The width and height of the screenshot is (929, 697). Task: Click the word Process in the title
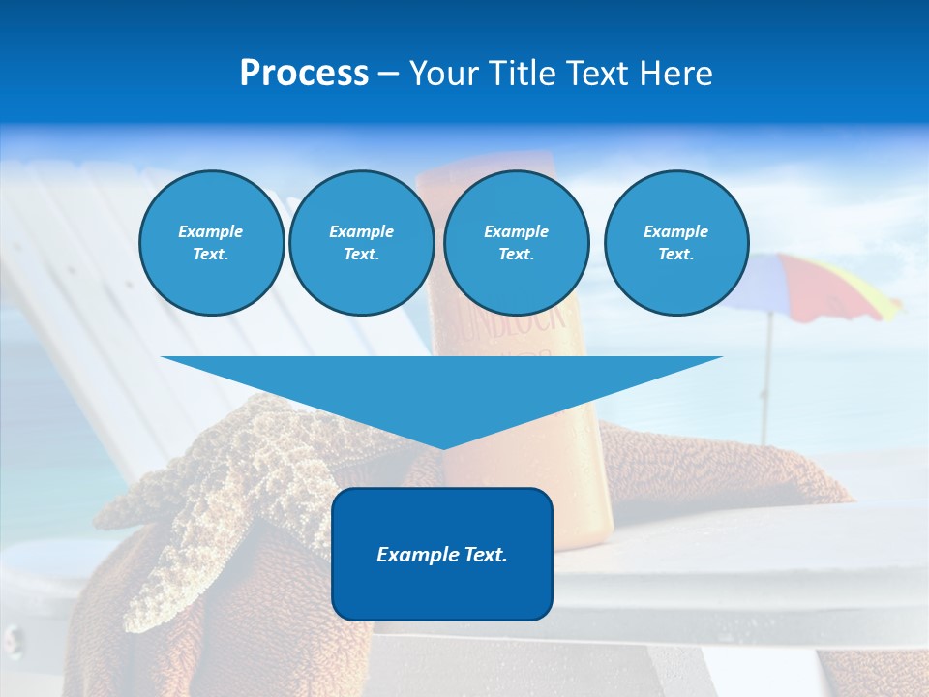pos(304,74)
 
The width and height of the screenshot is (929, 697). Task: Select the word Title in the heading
pos(524,74)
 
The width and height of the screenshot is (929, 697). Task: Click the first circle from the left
pos(211,243)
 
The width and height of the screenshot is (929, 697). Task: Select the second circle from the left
pos(361,243)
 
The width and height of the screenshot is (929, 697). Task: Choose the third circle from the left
pos(516,243)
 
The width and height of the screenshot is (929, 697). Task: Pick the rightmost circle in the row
pos(675,243)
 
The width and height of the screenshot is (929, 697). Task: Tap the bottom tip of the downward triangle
pos(442,447)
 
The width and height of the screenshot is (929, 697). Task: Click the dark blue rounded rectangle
pos(441,591)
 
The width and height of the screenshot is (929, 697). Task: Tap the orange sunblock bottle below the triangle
pos(581,484)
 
